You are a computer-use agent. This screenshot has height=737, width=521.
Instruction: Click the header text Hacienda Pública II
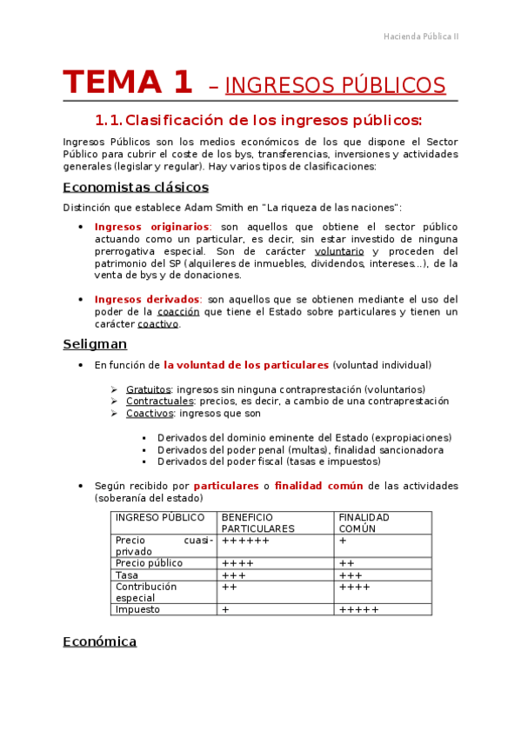tap(421, 37)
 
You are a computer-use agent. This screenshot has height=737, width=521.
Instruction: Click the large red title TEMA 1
tap(128, 83)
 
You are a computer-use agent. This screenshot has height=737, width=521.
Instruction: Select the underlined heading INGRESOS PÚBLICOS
tap(335, 85)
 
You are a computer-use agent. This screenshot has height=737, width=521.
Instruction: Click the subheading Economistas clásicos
tap(136, 187)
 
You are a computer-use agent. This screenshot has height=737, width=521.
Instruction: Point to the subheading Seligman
tap(95, 344)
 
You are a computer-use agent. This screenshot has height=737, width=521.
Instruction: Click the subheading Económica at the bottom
tap(100, 641)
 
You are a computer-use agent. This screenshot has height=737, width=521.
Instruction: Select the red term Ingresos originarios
tap(151, 227)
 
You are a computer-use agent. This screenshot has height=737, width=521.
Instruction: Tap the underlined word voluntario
tap(339, 251)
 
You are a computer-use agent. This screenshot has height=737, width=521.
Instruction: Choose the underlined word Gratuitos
tap(148, 390)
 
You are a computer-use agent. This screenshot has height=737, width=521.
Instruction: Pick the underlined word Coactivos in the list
tap(150, 414)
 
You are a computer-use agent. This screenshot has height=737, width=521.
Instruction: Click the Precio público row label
tap(149, 563)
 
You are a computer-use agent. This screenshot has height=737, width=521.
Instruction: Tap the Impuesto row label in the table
tap(137, 610)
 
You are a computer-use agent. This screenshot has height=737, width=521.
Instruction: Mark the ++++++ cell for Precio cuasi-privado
tap(246, 541)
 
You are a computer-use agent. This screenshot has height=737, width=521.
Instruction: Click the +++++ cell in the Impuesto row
tap(359, 610)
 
